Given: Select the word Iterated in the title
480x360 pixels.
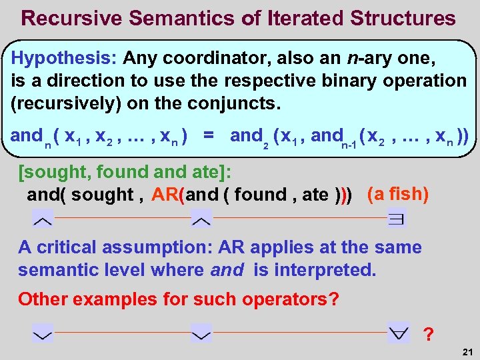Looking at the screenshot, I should [311, 18].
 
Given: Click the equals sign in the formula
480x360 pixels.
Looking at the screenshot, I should [209, 136].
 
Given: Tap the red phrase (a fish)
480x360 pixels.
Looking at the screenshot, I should [397, 194].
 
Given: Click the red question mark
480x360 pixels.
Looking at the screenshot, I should [428, 333].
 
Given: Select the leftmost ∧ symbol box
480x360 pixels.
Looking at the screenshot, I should [43, 218].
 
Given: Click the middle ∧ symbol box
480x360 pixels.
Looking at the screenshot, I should [201, 218].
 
